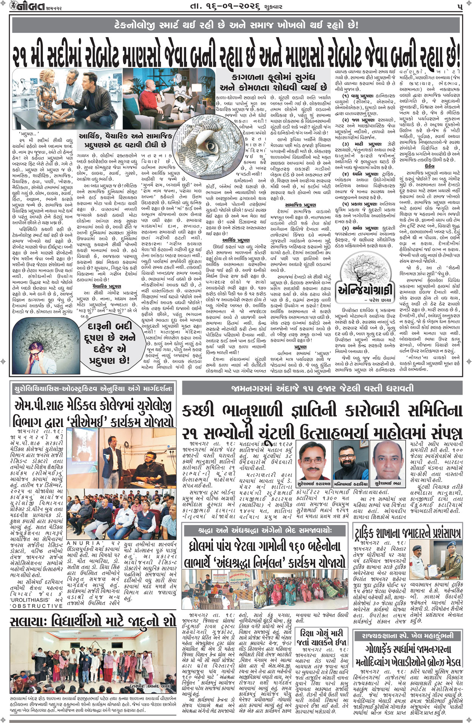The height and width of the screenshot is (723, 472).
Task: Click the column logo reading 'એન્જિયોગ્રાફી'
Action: coord(362,289)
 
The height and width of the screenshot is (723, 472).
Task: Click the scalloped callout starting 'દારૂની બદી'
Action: coord(110,343)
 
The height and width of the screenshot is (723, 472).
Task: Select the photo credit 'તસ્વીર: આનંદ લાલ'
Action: coord(146,686)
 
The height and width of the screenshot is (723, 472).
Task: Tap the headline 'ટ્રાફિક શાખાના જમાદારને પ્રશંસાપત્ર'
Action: coord(407,533)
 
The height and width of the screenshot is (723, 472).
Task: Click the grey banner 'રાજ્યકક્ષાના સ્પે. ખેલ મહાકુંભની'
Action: coord(407,635)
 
